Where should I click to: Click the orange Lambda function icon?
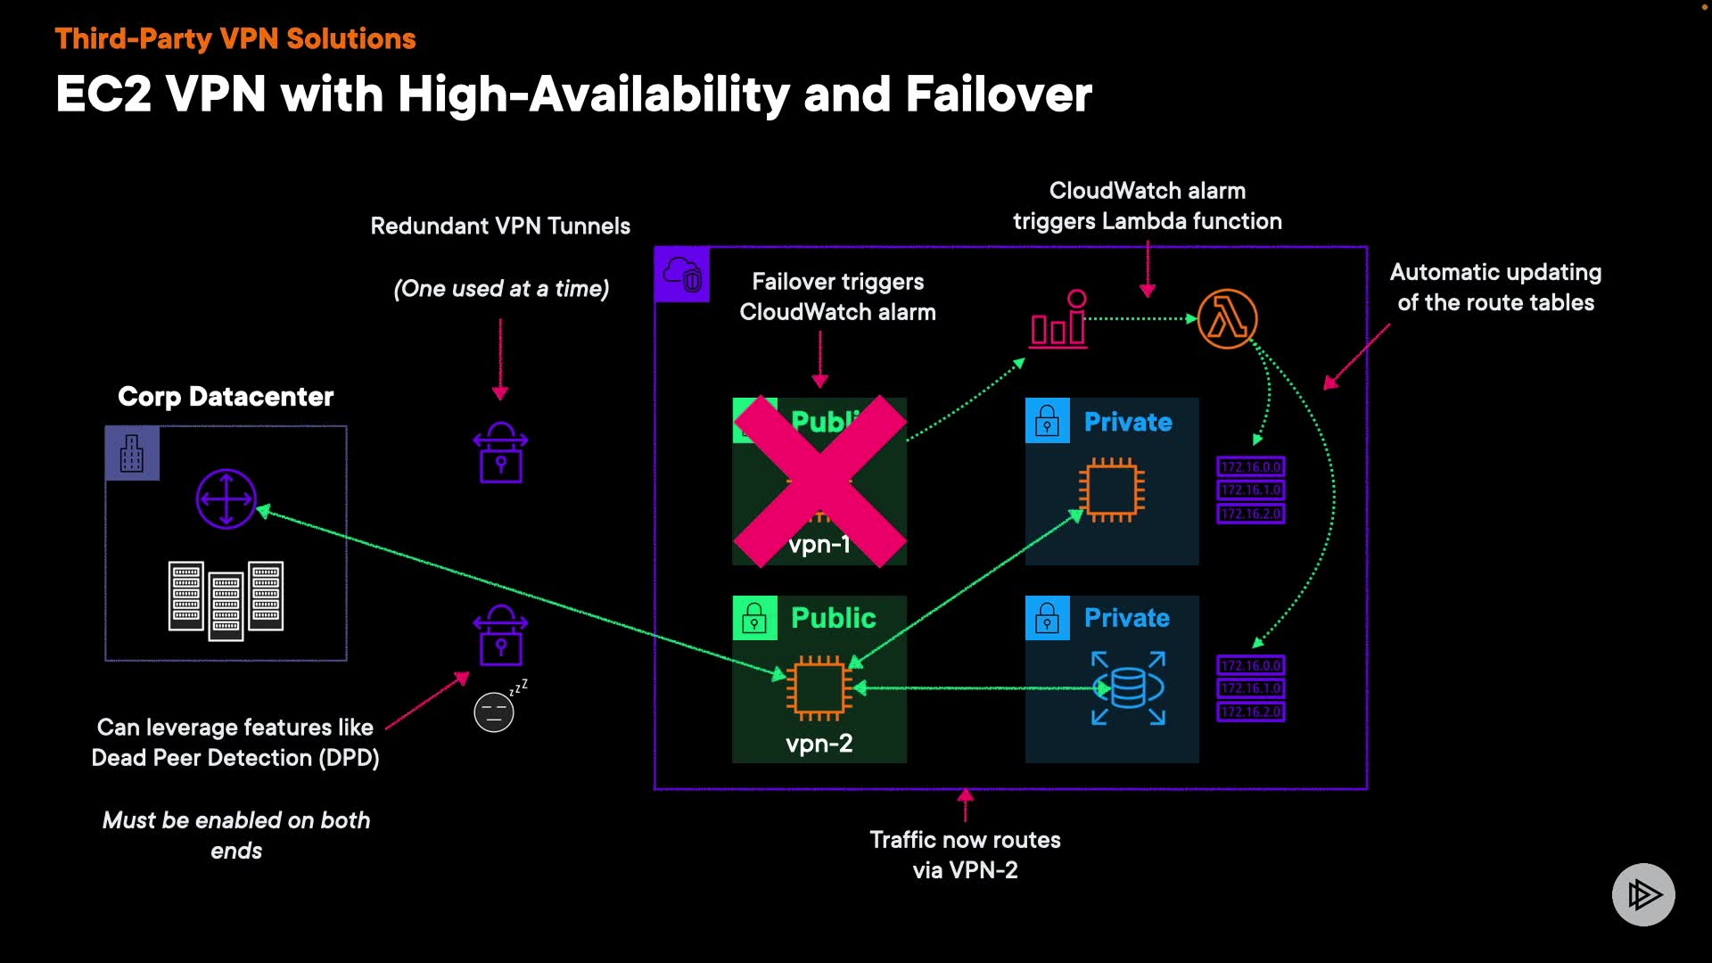pos(1227,319)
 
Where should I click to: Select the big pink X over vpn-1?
pos(819,481)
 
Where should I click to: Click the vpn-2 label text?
pos(819,744)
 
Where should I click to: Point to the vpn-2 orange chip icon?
pos(819,688)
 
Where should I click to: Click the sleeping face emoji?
pos(494,712)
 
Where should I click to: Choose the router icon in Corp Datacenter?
pos(226,499)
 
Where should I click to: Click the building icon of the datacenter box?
pos(132,453)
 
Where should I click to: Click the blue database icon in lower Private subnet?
pos(1128,688)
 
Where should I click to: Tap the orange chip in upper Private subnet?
pos(1111,490)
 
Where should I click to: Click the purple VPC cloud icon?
pos(682,275)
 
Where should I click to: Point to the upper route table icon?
pos(1250,490)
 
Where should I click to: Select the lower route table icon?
pos(1250,688)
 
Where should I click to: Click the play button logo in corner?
pos(1643,894)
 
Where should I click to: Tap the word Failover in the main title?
pos(999,95)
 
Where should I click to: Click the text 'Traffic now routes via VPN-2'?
pos(965,855)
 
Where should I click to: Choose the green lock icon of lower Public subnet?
pos(754,618)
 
